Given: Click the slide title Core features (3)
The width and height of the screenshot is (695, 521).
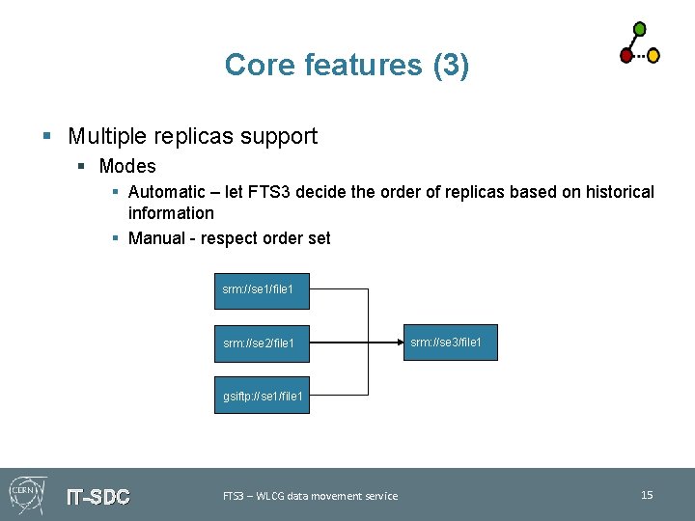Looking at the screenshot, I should tap(347, 65).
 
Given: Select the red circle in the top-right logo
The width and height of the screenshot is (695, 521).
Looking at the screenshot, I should tap(626, 56).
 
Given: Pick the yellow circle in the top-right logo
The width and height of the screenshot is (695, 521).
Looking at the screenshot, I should tap(653, 56).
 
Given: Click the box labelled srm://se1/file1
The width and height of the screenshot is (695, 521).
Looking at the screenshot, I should tap(262, 289).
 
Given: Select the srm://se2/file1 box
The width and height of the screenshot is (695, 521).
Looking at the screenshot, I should tap(262, 343).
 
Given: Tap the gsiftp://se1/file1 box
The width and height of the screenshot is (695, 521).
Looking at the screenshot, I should tap(262, 395).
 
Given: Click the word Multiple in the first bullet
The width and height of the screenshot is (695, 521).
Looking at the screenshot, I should tap(105, 136).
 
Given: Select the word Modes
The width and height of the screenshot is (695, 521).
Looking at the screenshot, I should tap(127, 166).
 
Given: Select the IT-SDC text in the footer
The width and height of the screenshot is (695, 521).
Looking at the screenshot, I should tap(97, 497).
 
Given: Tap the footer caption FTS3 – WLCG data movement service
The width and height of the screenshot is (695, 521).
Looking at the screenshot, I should tap(310, 496).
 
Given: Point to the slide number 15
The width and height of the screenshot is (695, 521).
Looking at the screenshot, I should tap(647, 495).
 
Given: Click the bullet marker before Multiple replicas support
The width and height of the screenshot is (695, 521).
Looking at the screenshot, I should tap(46, 137).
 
